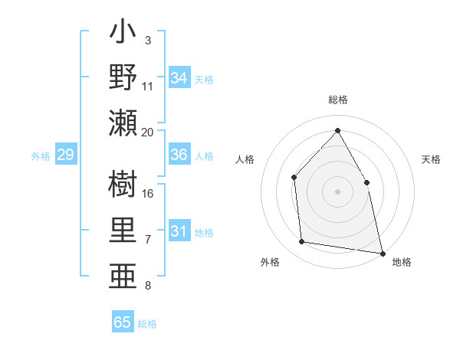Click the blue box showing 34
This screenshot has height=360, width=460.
click(179, 78)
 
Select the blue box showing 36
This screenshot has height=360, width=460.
click(179, 155)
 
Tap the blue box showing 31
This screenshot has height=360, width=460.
click(179, 231)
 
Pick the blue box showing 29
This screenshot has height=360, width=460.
click(65, 155)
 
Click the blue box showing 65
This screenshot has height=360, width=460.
click(123, 322)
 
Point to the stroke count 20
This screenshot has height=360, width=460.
click(148, 132)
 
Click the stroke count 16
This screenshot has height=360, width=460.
click(149, 193)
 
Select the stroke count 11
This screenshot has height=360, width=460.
click(148, 85)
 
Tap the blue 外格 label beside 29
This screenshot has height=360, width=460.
click(41, 156)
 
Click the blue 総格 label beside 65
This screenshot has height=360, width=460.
click(147, 324)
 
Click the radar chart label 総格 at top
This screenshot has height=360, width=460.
click(337, 100)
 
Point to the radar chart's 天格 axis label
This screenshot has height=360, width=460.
click(432, 159)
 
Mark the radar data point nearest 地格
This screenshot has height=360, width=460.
click(381, 253)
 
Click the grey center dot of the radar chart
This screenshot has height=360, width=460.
click(337, 191)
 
